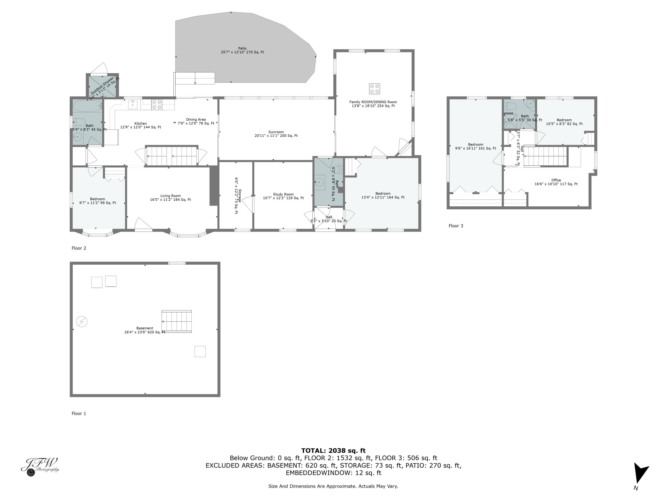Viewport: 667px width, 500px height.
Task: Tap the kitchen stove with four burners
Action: (157, 105)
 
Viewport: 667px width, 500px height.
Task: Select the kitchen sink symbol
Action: (133, 105)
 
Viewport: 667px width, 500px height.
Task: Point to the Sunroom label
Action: (276, 134)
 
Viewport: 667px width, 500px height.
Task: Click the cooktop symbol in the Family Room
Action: (374, 89)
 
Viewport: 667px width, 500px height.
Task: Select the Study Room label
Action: (283, 196)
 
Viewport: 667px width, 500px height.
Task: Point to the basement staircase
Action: (176, 321)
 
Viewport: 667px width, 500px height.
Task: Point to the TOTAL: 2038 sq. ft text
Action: (333, 451)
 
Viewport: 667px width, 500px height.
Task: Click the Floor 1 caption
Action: (79, 414)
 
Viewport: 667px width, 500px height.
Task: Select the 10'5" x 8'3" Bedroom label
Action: (564, 122)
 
